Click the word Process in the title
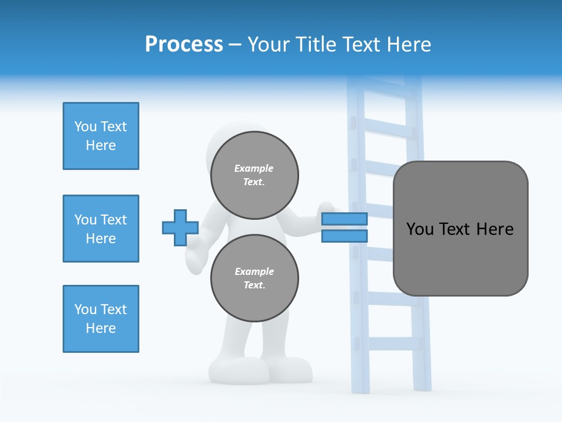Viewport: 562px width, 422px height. coord(184,45)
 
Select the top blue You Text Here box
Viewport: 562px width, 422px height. coord(101,136)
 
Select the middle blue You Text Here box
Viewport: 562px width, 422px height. coord(101,229)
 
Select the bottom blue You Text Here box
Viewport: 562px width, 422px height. coord(101,319)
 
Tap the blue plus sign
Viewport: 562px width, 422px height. coord(180,227)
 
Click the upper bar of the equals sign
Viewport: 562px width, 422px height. coord(344,219)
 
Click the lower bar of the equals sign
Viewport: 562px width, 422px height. coord(344,236)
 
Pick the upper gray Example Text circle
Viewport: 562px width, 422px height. coord(254,175)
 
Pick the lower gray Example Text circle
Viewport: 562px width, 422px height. coord(254,278)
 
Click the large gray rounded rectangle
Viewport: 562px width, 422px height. coord(460,229)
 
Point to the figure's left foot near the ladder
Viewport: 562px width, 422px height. coord(292,369)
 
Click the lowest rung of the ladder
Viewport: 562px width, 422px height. coord(389,343)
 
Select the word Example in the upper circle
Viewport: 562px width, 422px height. coord(254,168)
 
